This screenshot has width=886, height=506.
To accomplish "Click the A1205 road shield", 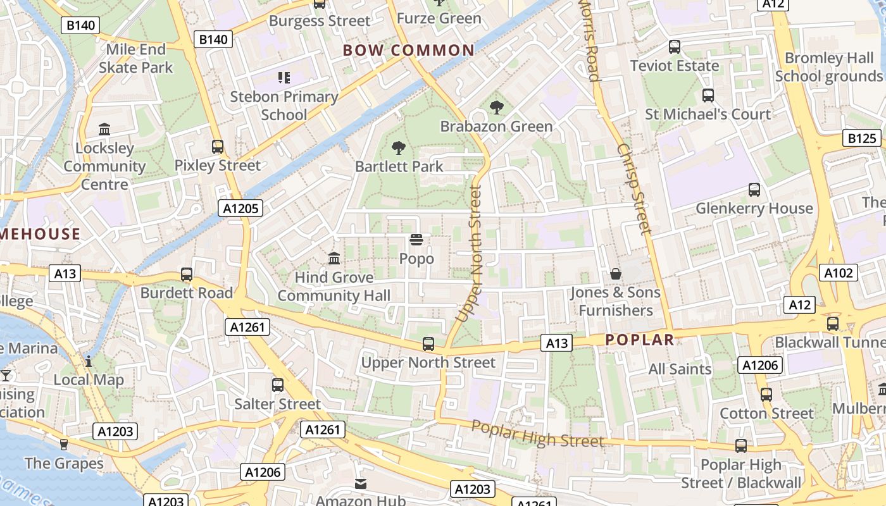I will pos(240,208).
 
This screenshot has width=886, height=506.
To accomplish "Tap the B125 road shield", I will pos(862,139).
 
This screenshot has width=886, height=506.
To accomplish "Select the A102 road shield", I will pos(839,273).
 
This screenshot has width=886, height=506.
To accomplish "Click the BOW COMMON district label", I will pos(408,51).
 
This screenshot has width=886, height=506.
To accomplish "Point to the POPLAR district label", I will pos(639,340).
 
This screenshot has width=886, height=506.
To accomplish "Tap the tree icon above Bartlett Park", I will pos(399,148).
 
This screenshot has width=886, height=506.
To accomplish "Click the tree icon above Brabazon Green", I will pos(497,108).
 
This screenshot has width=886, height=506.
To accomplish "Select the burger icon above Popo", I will pos(416,240).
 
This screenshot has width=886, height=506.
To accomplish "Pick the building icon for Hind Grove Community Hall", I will pos(334,258).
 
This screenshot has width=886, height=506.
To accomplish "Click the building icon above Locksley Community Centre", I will pos(104,130).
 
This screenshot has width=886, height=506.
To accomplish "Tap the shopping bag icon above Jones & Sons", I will pos(615,274).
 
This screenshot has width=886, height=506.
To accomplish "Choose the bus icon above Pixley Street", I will pos(218,147).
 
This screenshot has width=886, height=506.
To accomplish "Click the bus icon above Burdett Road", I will pos(187,275).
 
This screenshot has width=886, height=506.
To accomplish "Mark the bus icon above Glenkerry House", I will pos(754,189).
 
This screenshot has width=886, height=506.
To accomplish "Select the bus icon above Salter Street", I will pos(277,385).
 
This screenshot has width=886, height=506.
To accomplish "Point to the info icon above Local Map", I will pos(89,361).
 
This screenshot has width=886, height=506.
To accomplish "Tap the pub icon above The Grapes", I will pos(63,444).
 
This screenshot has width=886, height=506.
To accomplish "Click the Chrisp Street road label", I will pos(633,188).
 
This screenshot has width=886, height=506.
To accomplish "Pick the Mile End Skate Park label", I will pos(135,58).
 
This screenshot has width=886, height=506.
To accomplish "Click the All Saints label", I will pos(680,369).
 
